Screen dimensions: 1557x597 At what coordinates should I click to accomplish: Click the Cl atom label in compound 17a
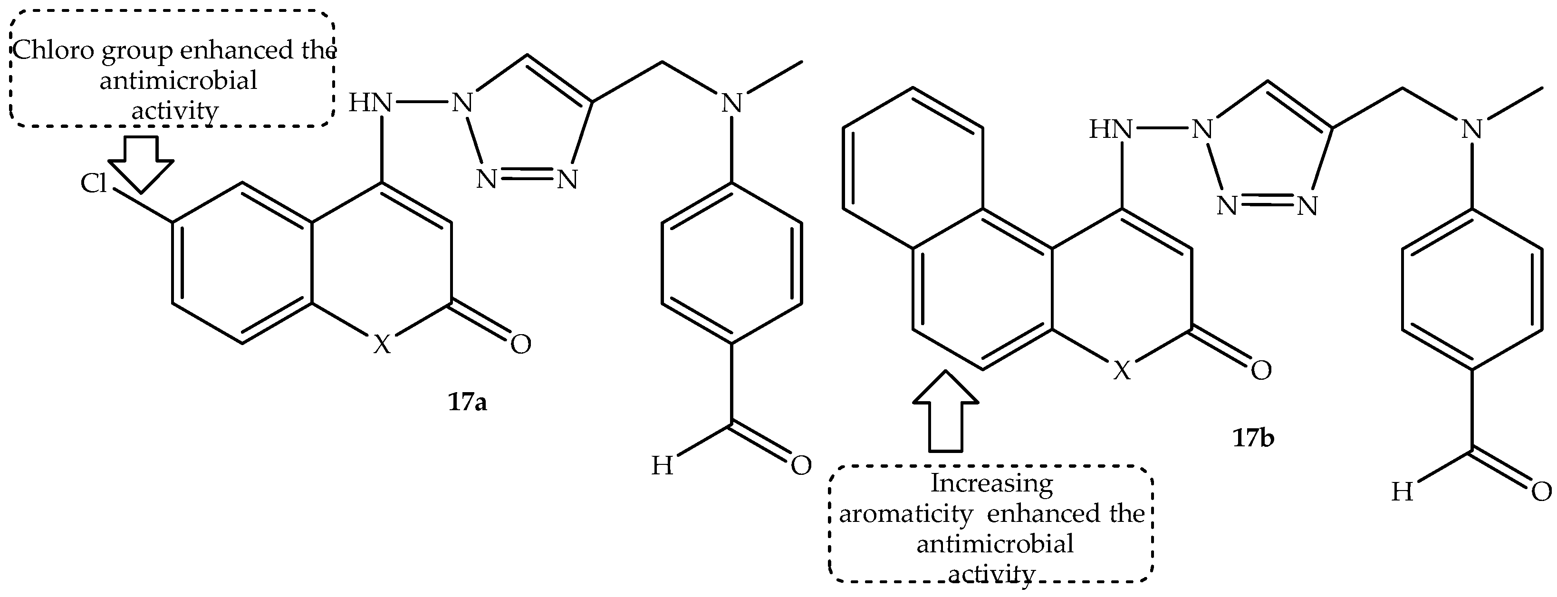tap(94, 183)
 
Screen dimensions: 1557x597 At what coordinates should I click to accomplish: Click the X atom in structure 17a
tap(381, 345)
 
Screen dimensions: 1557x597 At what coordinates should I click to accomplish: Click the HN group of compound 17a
tap(370, 103)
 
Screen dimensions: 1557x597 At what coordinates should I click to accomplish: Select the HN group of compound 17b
tap(1110, 129)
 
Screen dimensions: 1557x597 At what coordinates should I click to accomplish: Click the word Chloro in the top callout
tap(54, 51)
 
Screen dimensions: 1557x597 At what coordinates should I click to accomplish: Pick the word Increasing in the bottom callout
tap(991, 483)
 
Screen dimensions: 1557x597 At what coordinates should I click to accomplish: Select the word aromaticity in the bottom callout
tap(905, 514)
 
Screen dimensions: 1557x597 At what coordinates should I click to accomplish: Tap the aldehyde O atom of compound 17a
tap(801, 465)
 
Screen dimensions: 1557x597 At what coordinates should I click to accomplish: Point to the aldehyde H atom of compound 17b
tap(1402, 493)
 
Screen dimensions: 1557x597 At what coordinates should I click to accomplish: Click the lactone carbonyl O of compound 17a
tap(520, 344)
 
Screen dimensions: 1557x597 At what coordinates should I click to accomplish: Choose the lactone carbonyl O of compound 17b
tap(1261, 370)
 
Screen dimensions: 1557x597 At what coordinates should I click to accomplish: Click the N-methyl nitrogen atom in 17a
tap(732, 103)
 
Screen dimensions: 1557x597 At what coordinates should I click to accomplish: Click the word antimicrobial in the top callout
tap(178, 80)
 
